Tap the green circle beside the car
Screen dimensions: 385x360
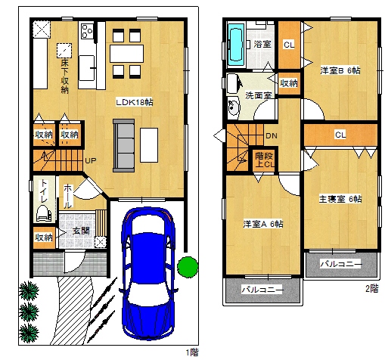pyautogui.click(x=188, y=267)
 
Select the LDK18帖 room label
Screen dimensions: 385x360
pyautogui.click(x=134, y=102)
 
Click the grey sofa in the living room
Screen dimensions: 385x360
pyautogui.click(x=123, y=146)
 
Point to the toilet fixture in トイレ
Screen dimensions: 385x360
pyautogui.click(x=44, y=213)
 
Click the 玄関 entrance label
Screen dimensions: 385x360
pyautogui.click(x=81, y=231)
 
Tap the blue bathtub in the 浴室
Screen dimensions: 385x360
pyautogui.click(x=236, y=45)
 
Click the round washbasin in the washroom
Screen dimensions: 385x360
pyautogui.click(x=234, y=107)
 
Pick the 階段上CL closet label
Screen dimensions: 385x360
pyautogui.click(x=264, y=160)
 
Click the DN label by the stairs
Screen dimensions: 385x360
pyautogui.click(x=272, y=136)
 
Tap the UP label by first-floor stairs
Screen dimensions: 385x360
pyautogui.click(x=91, y=160)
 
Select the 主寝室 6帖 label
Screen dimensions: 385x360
pyautogui.click(x=340, y=199)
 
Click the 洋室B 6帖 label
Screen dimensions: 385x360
pyautogui.click(x=340, y=70)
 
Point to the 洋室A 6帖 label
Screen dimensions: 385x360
pyautogui.click(x=263, y=224)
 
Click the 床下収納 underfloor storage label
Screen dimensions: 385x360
pyautogui.click(x=65, y=76)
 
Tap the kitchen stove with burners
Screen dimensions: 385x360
pyautogui.click(x=88, y=31)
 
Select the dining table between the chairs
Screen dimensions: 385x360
pyautogui.click(x=126, y=54)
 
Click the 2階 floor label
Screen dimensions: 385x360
pyautogui.click(x=372, y=289)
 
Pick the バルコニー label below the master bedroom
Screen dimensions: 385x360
pyautogui.click(x=341, y=264)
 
